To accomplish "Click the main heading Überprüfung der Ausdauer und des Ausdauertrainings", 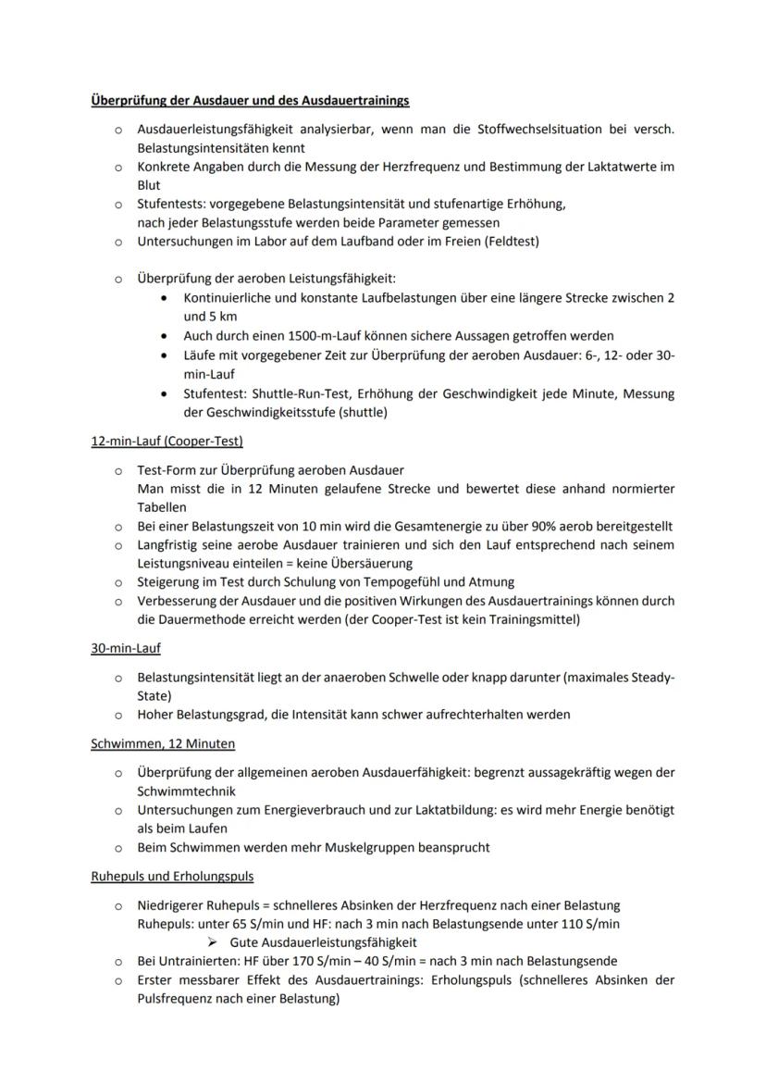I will coord(249,99).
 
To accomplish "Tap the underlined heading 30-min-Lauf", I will coord(126,648).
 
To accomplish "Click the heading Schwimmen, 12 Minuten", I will coord(162,743).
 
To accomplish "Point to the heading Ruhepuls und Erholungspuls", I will coord(172,876).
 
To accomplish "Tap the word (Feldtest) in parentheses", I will coord(507,242).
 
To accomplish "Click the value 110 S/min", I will coord(588,923).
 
